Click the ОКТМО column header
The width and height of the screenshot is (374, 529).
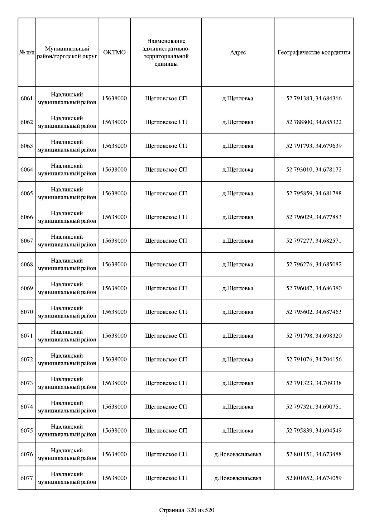(114, 52)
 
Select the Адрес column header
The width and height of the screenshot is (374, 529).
(238, 52)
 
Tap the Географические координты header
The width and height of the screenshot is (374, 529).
(314, 52)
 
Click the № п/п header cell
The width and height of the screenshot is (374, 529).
(27, 52)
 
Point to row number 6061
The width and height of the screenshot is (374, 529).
(27, 98)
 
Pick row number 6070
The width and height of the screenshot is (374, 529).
(27, 312)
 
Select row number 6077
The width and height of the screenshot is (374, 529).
(27, 478)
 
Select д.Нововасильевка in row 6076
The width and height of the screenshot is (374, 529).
(238, 454)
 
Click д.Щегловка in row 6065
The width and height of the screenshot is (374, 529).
(238, 193)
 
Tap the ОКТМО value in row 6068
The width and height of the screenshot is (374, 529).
(114, 264)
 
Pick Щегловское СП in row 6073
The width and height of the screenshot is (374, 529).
(166, 383)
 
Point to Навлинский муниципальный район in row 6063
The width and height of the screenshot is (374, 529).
(67, 146)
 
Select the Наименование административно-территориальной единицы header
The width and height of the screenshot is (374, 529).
(166, 52)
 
